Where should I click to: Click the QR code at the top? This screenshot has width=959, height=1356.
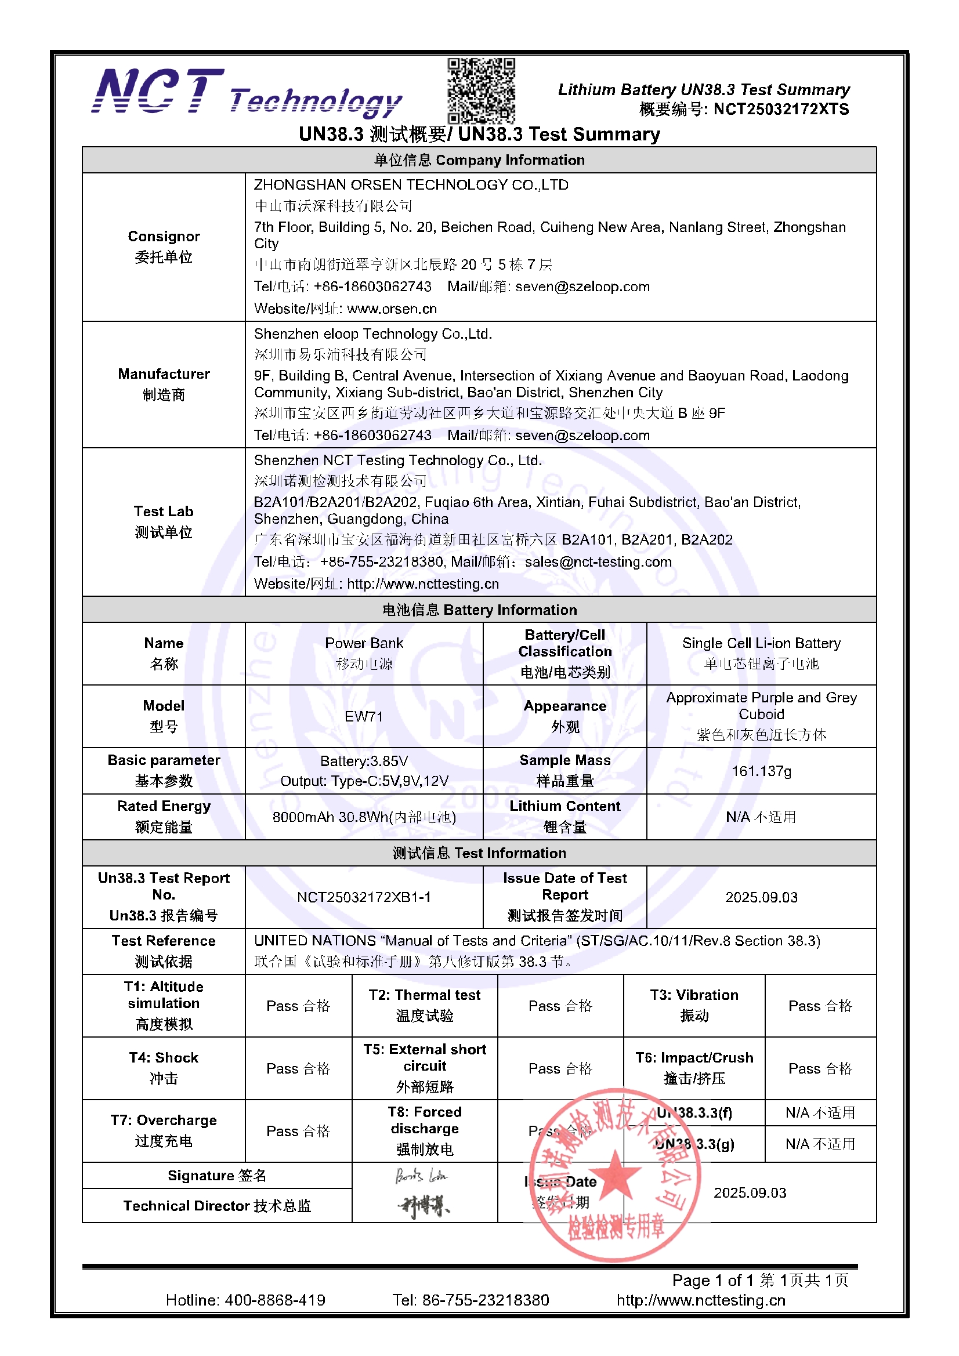pyautogui.click(x=480, y=90)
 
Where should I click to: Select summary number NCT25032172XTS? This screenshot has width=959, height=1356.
pyautogui.click(x=780, y=109)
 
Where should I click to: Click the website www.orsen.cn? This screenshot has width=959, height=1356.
pyautogui.click(x=392, y=309)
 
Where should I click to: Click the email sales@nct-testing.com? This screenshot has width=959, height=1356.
pyautogui.click(x=598, y=561)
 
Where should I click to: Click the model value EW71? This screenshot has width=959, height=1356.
pyautogui.click(x=364, y=716)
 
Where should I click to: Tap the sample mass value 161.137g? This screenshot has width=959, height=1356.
pyautogui.click(x=761, y=771)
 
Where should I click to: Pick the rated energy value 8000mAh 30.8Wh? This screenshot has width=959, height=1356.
pyautogui.click(x=364, y=817)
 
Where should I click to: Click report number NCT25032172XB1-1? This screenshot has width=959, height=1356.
pyautogui.click(x=364, y=897)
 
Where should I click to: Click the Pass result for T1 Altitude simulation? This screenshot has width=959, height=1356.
pyautogui.click(x=298, y=1006)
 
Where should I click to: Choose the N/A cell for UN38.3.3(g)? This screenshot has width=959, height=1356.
pyautogui.click(x=820, y=1144)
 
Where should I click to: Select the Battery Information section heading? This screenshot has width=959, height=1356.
pyautogui.click(x=479, y=610)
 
